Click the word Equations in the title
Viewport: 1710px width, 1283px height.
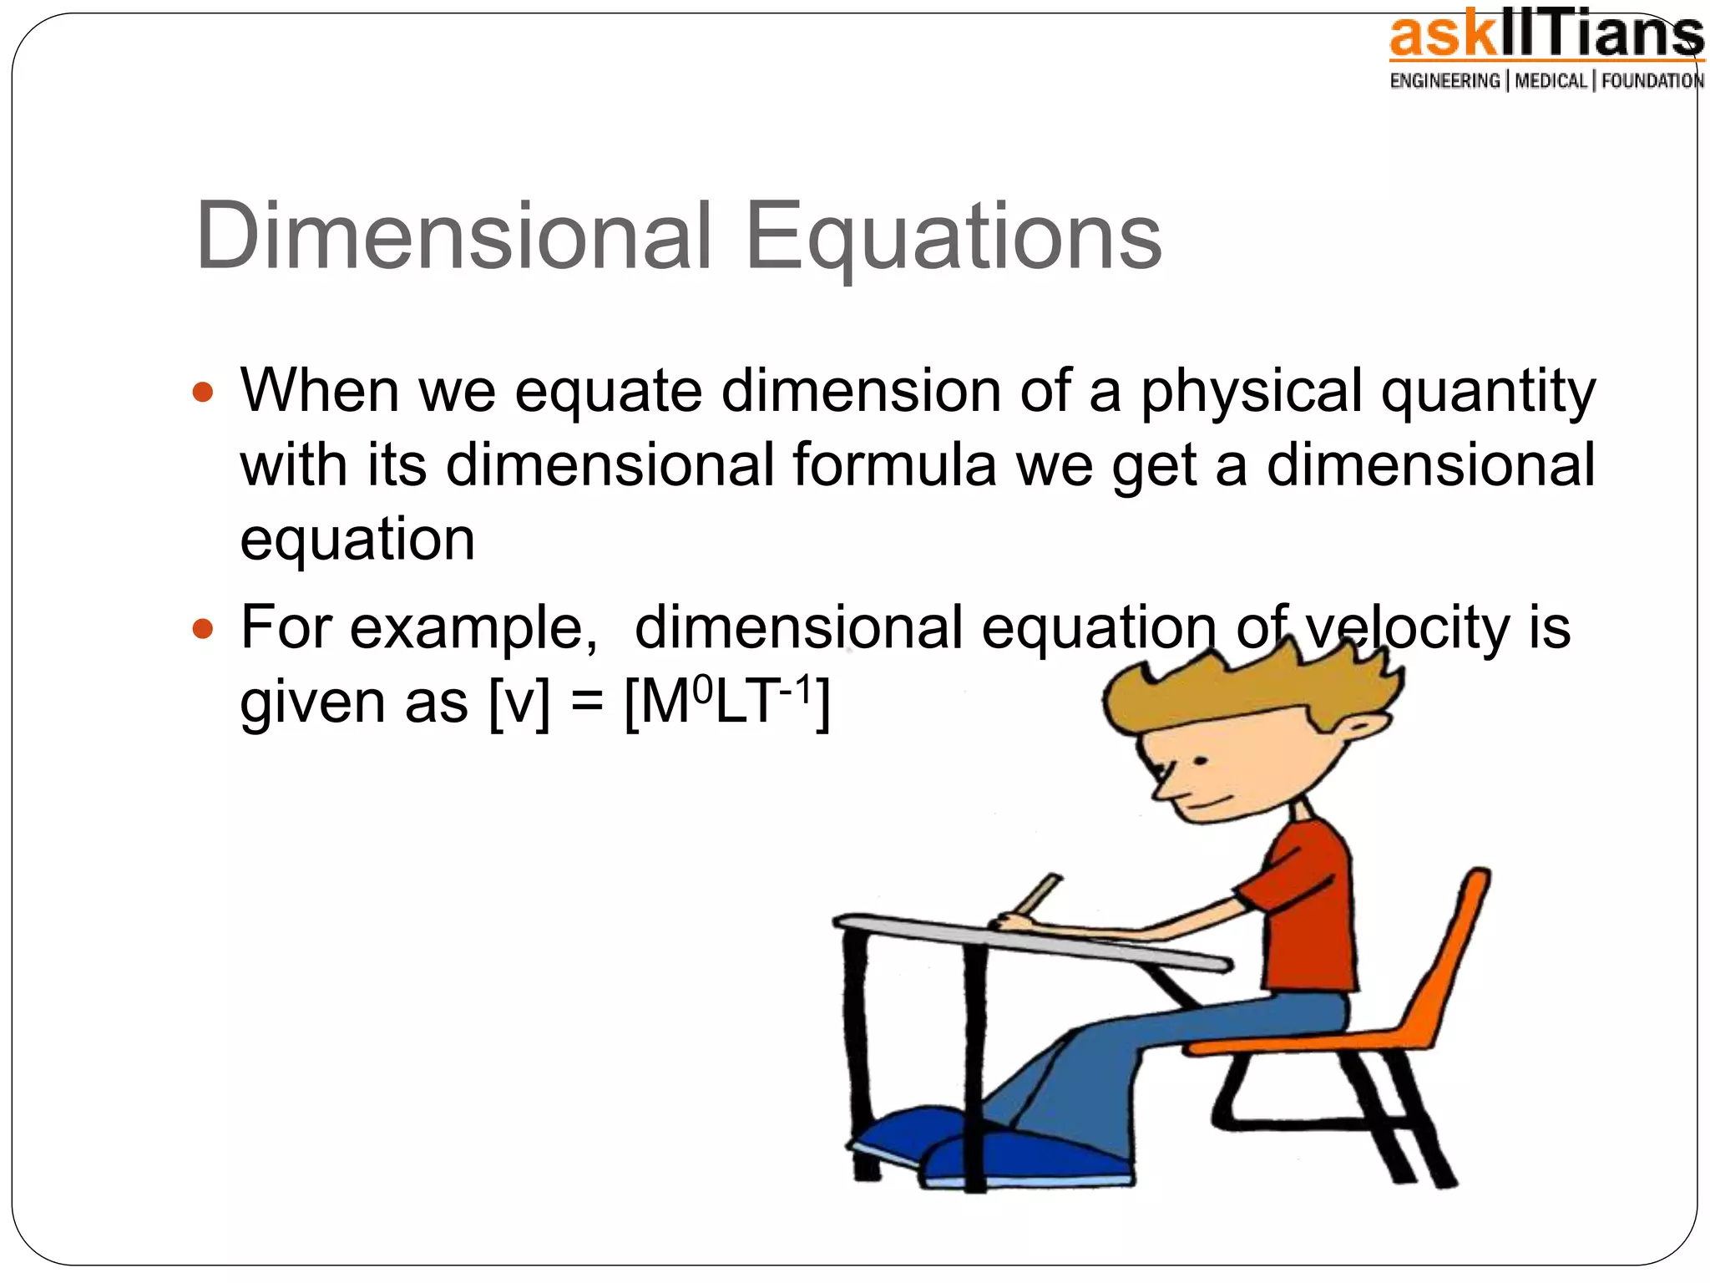click(x=953, y=239)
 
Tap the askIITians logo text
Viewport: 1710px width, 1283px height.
click(x=1545, y=38)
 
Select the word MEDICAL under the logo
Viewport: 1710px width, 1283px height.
click(x=1551, y=81)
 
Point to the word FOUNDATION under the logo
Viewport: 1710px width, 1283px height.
click(x=1652, y=81)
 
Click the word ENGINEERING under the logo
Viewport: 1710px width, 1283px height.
click(x=1444, y=81)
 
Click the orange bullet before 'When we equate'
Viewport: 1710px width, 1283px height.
click(x=203, y=391)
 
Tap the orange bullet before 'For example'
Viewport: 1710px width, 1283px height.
click(x=203, y=627)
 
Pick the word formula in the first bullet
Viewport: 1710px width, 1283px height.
click(x=894, y=465)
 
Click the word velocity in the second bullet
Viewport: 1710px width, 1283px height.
click(x=1409, y=627)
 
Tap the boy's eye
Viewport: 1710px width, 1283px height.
click(x=1200, y=762)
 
